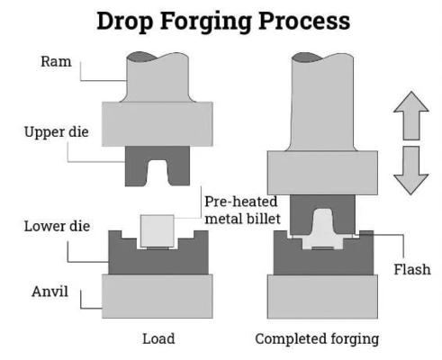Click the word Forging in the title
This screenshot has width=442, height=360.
tap(205, 22)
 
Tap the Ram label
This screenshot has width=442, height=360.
tap(56, 61)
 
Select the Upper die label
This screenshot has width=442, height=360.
tap(57, 132)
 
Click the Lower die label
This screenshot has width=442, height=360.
tap(57, 226)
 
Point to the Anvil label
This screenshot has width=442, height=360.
tap(50, 292)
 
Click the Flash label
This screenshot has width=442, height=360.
tap(412, 269)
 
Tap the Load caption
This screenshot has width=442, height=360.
tap(158, 338)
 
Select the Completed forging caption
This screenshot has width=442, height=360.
tap(317, 339)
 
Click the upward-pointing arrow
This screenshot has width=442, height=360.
tap(411, 115)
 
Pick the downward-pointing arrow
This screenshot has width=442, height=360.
tap(411, 170)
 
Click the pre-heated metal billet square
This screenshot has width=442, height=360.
tap(158, 231)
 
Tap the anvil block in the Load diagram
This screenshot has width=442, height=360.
tap(158, 296)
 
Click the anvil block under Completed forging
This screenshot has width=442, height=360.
tap(322, 296)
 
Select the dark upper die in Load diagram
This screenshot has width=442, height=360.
tap(135, 166)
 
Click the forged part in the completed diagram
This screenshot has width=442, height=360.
tap(323, 234)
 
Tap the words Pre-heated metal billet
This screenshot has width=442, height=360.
tap(242, 210)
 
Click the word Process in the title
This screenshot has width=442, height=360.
tap(304, 21)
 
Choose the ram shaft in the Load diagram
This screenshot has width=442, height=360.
tap(158, 78)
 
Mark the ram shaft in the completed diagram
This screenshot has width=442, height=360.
tap(322, 102)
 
